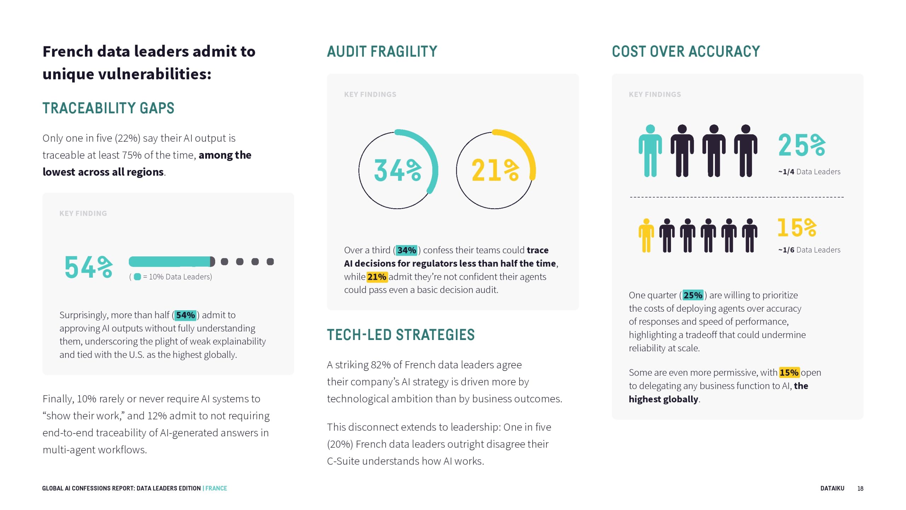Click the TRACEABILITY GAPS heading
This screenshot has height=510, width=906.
click(x=108, y=108)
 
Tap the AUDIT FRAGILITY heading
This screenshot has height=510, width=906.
click(x=382, y=52)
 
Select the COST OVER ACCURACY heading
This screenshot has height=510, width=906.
click(x=686, y=52)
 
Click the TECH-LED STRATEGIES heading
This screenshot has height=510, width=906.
click(x=401, y=335)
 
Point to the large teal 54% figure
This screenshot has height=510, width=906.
click(x=88, y=267)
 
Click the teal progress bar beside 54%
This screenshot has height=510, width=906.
click(x=171, y=262)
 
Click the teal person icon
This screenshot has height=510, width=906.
click(x=650, y=151)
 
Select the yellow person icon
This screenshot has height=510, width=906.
click(x=646, y=236)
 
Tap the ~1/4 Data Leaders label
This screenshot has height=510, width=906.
click(x=809, y=172)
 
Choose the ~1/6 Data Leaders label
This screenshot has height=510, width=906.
click(x=809, y=250)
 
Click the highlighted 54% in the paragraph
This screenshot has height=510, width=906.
click(x=185, y=315)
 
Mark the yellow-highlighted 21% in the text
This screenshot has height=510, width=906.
click(x=377, y=277)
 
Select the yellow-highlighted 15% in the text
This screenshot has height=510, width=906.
click(x=789, y=373)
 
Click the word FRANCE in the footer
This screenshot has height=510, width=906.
click(x=216, y=488)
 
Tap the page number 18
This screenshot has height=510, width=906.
click(x=860, y=489)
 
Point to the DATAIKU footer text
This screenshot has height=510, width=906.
click(x=832, y=488)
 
